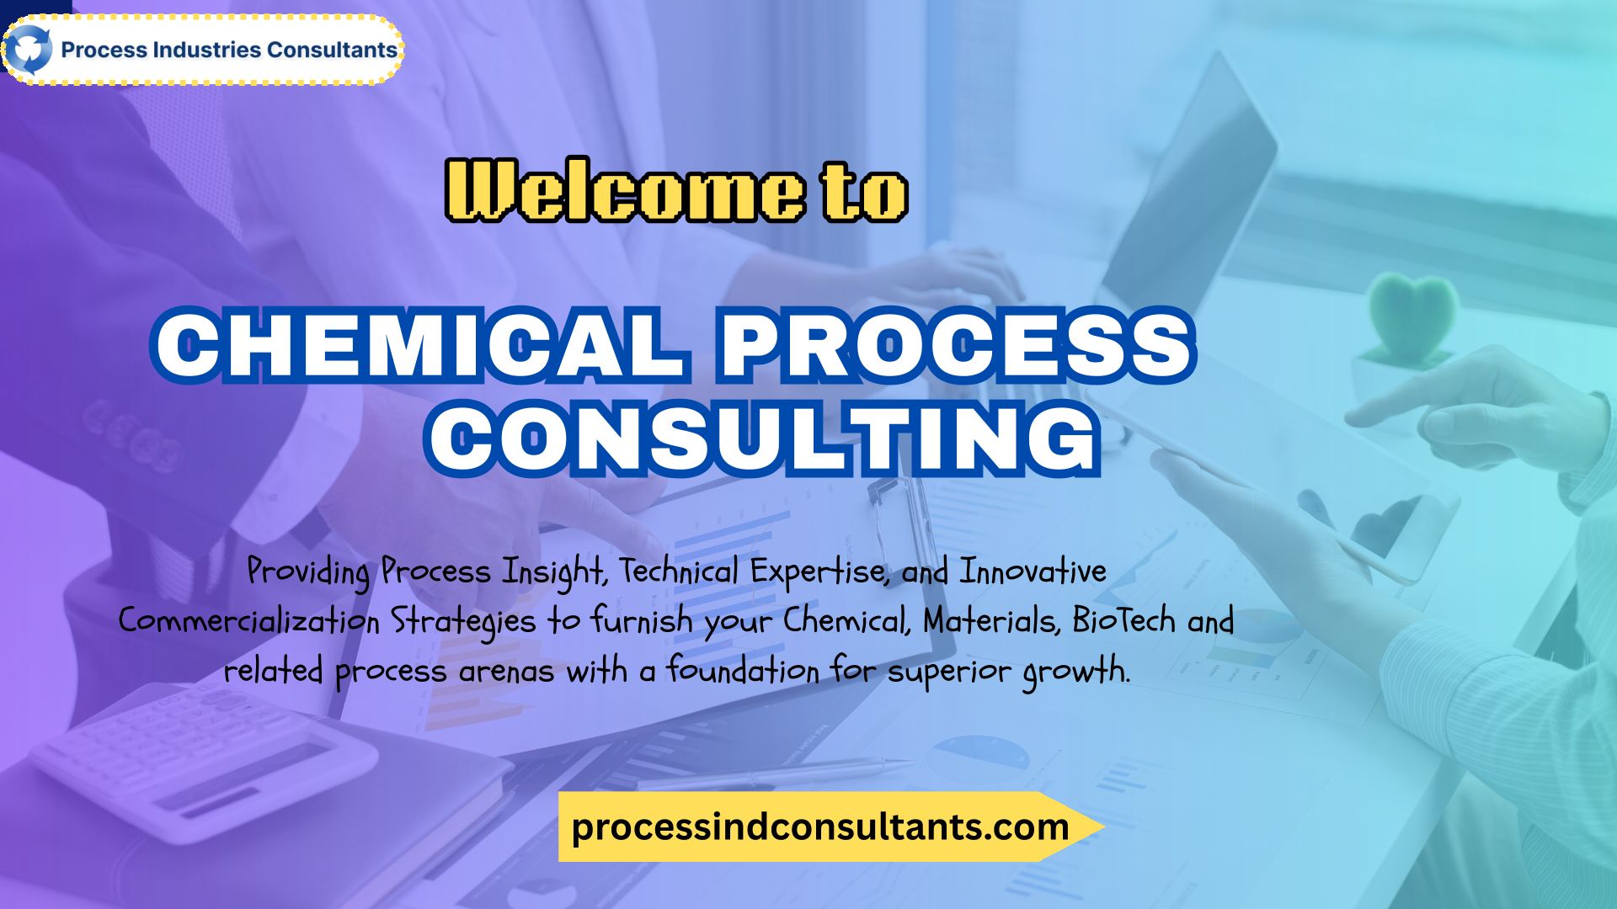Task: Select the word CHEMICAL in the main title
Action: coord(419,344)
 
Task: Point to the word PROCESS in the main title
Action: coord(957,344)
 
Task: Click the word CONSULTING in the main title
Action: coord(763,438)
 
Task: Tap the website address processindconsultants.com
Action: coord(820,827)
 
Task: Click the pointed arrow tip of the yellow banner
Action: coord(1102,827)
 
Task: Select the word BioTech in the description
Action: coord(1123,620)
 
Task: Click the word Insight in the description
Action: coord(554,572)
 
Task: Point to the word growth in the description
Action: coord(1075,672)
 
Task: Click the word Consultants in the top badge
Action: coord(332,50)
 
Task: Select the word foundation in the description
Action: coord(743,671)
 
